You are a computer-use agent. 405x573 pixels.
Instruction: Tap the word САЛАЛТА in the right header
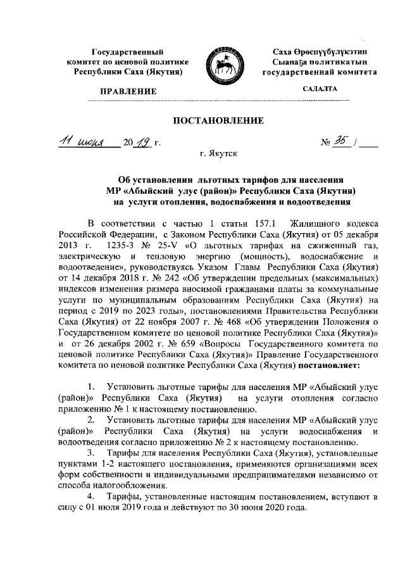tap(320, 91)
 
